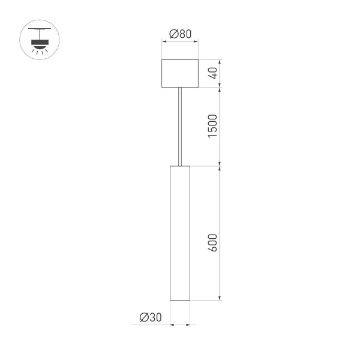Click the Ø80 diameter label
[181, 34]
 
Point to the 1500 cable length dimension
[214, 126]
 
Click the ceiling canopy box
[180, 73]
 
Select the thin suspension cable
[180, 126]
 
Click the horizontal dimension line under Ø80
[181, 41]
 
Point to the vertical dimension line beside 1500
[222, 126]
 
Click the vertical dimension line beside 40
[222, 73]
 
